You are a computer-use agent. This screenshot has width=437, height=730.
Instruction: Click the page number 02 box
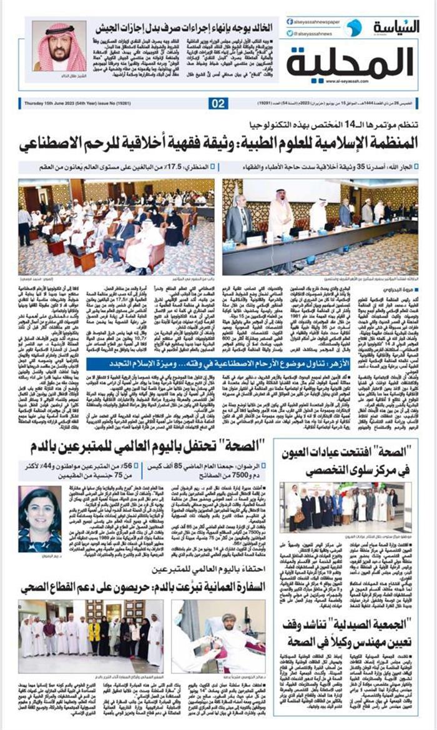(x=218, y=104)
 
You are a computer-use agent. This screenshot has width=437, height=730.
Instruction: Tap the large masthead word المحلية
(x=352, y=62)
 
